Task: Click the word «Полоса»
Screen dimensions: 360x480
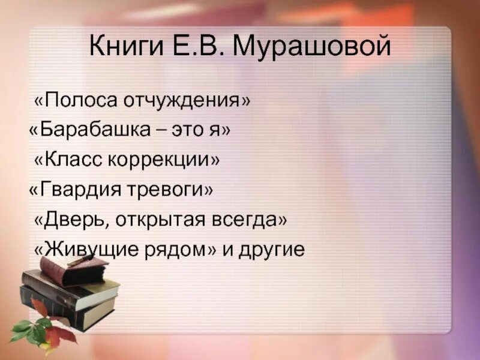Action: coord(77,100)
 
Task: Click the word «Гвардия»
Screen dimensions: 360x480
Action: coord(74,190)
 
